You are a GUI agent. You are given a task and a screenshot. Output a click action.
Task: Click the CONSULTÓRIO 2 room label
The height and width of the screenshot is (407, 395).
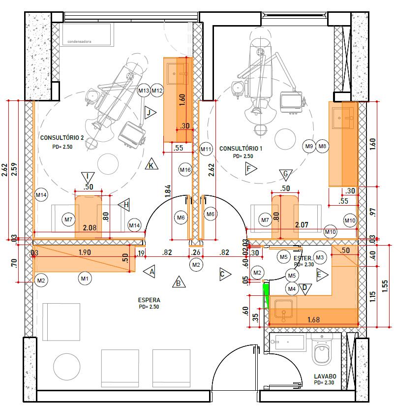[x=62, y=138]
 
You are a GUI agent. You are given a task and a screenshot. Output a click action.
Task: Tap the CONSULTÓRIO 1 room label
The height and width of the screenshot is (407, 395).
[x=241, y=149]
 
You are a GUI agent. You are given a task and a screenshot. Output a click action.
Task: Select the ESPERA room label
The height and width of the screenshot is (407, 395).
[x=149, y=300]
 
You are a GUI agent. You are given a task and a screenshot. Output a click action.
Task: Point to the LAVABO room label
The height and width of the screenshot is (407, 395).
[x=325, y=376]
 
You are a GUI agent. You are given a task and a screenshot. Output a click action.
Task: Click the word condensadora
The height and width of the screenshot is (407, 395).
[x=79, y=41]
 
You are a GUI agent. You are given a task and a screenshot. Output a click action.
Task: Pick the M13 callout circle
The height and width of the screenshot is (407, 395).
[x=144, y=91]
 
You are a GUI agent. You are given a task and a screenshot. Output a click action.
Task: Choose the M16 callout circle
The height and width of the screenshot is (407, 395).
[x=185, y=170]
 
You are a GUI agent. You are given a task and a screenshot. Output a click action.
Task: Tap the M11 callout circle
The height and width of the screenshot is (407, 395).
[x=206, y=149]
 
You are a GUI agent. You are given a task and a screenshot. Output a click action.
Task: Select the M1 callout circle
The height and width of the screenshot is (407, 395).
[x=85, y=279]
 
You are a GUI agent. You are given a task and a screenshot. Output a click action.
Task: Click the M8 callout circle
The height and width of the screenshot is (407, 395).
[x=322, y=146]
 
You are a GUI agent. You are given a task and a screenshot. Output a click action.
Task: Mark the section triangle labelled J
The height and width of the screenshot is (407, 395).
[x=150, y=113]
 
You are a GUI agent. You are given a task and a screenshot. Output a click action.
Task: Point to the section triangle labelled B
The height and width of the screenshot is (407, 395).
[x=179, y=282]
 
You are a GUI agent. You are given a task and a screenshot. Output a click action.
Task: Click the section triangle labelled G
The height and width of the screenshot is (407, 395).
[x=286, y=174]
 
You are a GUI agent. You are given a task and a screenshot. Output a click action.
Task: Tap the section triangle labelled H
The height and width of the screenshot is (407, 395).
[x=124, y=205]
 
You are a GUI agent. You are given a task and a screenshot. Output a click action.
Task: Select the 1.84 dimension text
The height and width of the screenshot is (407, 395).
[x=168, y=191]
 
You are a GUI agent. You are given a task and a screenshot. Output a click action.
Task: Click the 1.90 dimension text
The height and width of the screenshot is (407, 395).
[x=85, y=252]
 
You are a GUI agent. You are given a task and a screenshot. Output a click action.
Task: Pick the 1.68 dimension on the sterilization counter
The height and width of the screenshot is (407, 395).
[x=313, y=319]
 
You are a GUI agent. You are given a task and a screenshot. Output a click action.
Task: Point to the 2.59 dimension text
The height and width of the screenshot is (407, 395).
[x=15, y=169]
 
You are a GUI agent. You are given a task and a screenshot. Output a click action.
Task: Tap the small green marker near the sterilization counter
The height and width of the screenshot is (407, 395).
[x=265, y=296]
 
